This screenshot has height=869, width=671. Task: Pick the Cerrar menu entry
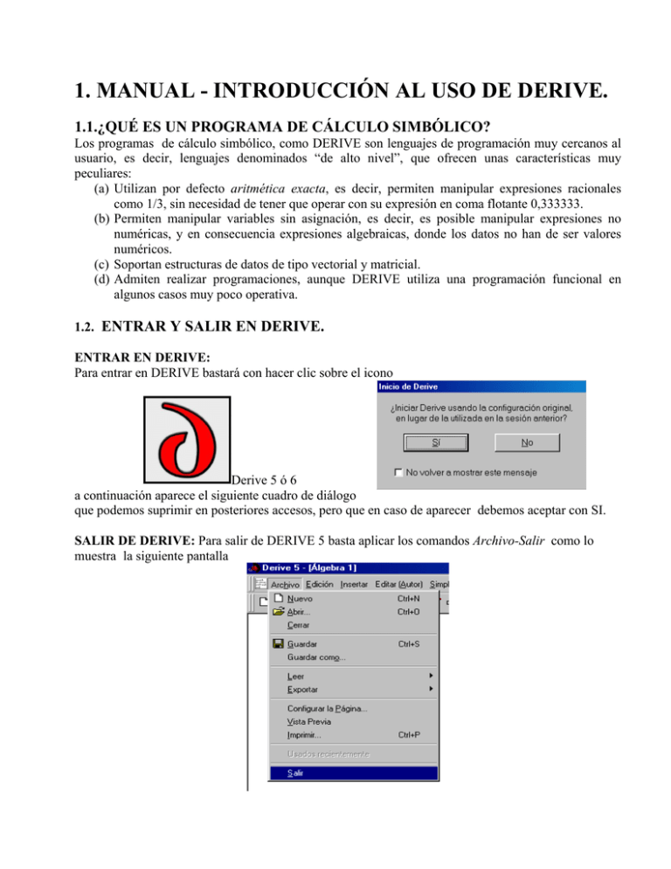coord(297,625)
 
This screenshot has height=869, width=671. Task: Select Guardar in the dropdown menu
coord(302,644)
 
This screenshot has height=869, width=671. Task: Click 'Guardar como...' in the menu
coord(315,657)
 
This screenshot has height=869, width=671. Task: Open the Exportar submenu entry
coord(302,690)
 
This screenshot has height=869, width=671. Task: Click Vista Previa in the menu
coord(310,721)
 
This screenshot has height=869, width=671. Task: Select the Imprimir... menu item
coord(303,734)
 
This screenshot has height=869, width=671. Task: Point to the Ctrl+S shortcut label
coord(408,644)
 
